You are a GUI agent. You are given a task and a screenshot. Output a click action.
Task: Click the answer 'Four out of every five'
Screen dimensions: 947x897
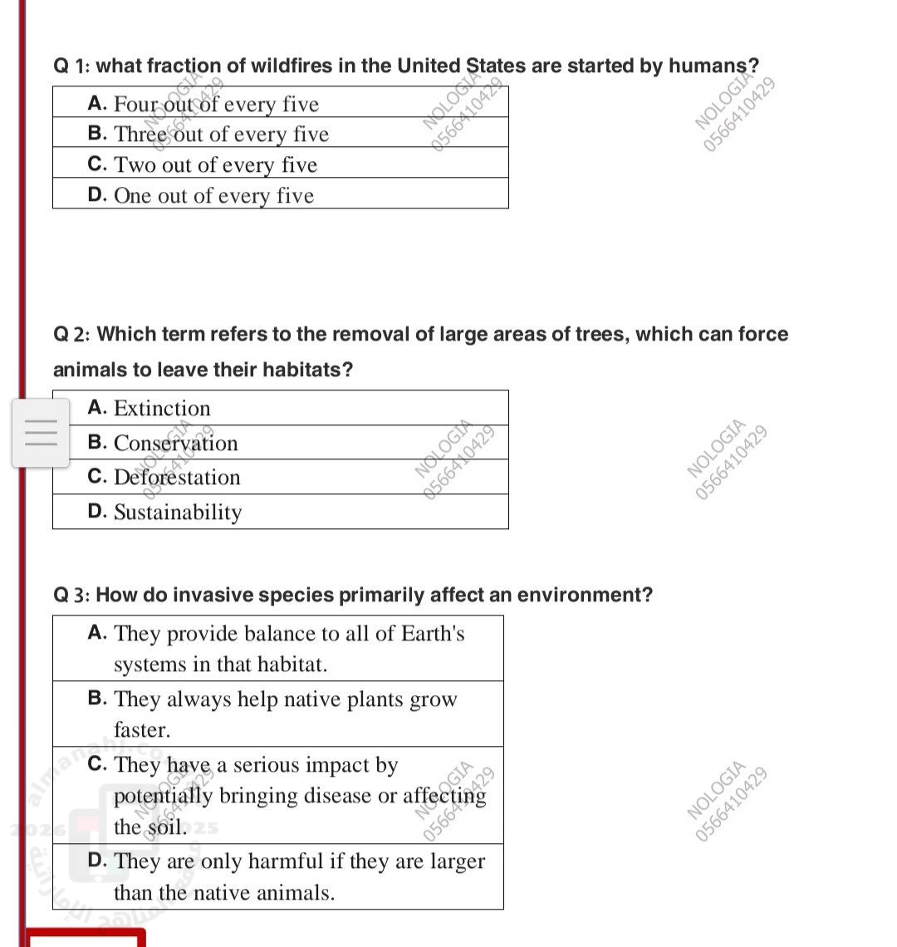click(216, 104)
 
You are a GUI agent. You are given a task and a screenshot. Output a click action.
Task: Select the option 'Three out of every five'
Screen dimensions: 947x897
click(221, 134)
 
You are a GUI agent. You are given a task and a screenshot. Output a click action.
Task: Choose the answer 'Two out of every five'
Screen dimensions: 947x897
click(215, 164)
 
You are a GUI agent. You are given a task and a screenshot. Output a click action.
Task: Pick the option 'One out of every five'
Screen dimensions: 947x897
click(213, 195)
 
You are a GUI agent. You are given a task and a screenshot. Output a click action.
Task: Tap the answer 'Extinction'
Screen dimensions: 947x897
click(162, 408)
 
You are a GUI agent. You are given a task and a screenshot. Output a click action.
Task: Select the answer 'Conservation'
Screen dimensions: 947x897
click(175, 443)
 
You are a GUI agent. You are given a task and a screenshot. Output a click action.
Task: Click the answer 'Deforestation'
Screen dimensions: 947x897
click(177, 477)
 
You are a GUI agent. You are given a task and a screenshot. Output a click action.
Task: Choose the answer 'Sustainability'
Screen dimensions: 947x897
click(178, 512)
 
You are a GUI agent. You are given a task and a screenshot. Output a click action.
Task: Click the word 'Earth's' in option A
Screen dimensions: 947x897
click(433, 633)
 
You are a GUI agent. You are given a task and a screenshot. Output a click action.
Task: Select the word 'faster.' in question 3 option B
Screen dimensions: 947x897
click(142, 730)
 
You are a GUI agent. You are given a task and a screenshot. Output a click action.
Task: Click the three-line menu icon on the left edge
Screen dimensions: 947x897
click(41, 432)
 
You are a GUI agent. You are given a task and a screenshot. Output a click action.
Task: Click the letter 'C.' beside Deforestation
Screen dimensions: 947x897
click(98, 476)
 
